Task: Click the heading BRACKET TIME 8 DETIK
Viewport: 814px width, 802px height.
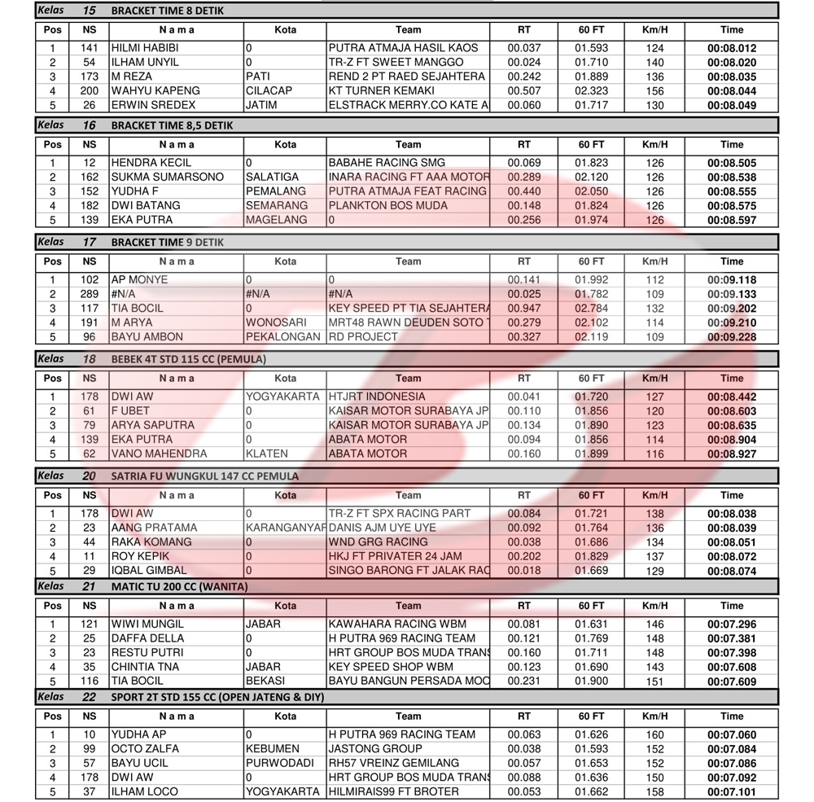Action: (167, 11)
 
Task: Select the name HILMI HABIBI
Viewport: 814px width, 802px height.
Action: (145, 48)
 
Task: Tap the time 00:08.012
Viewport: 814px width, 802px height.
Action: (731, 48)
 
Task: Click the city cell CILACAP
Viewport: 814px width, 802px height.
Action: (269, 91)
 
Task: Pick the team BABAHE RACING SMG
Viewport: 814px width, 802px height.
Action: (387, 163)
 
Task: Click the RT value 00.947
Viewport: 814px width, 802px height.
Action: (523, 309)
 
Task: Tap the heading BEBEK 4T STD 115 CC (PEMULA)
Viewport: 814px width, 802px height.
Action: (188, 359)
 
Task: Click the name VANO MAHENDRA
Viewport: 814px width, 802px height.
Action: (159, 454)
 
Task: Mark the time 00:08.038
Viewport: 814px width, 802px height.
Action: (731, 514)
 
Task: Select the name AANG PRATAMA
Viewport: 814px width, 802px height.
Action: (154, 528)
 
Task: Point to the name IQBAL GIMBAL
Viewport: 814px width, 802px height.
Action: (149, 571)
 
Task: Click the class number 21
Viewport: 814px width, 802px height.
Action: (89, 586)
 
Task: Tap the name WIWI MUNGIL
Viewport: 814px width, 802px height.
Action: (147, 625)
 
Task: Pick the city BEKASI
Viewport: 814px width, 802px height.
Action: (265, 681)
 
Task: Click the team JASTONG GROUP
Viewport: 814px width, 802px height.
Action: (375, 749)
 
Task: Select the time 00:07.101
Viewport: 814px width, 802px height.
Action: (731, 792)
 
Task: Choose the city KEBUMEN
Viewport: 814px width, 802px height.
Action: (272, 749)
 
